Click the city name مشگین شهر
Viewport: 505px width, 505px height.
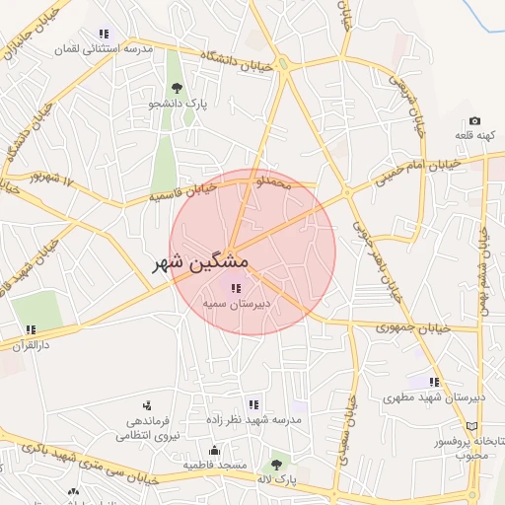200,264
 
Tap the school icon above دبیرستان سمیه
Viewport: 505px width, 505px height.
235,289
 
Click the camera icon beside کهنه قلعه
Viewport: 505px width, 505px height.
474,121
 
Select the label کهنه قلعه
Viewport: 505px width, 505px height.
474,135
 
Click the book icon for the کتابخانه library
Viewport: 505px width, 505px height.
471,424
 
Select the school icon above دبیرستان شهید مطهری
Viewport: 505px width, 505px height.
434,382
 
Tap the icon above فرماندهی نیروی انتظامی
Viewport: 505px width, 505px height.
147,404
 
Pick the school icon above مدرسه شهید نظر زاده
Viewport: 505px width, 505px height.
253,404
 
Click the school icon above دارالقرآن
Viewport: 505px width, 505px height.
31,329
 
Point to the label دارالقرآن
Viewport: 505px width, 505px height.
31,345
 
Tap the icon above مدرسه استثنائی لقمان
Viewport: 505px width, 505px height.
104,34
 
